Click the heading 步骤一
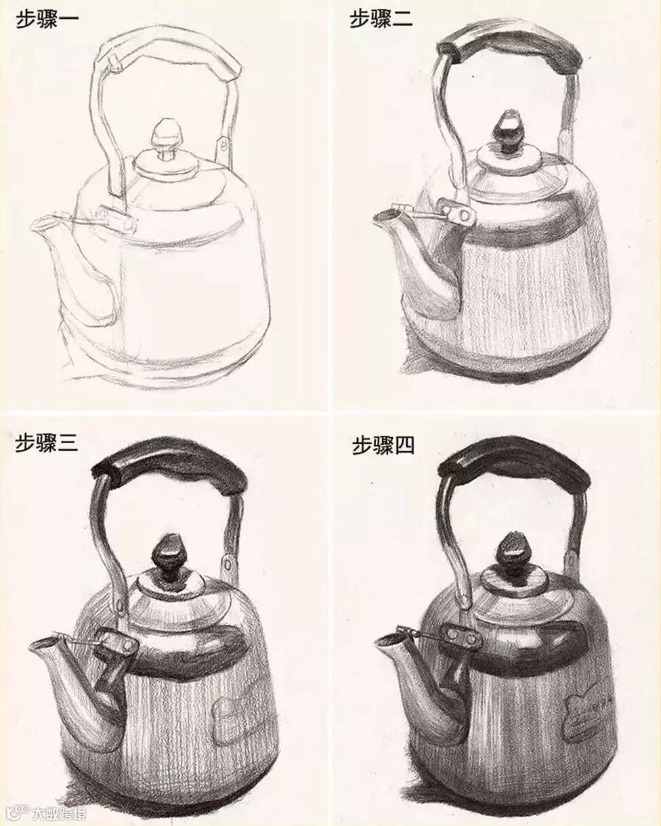tap(47, 20)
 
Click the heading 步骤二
tap(381, 19)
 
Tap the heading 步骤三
tap(47, 443)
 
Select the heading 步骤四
tap(383, 446)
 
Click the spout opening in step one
tap(43, 224)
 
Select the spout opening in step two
tap(387, 216)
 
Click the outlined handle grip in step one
tap(169, 44)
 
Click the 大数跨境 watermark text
tap(60, 813)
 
